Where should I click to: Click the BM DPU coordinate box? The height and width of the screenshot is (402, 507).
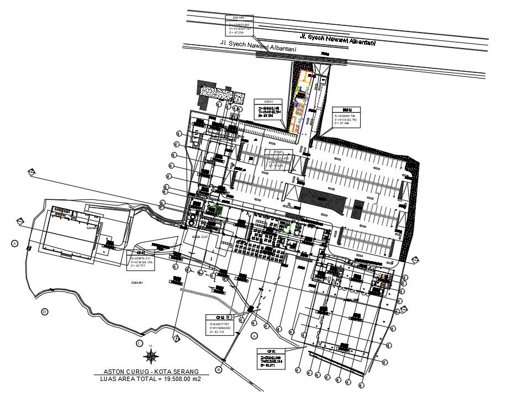tap(239, 26)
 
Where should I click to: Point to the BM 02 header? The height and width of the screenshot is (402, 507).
tap(346, 109)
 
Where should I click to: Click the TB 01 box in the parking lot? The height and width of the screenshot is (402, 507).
tap(278, 158)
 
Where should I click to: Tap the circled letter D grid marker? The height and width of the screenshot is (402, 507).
tap(44, 312)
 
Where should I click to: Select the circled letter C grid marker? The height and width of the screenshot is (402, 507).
tap(140, 342)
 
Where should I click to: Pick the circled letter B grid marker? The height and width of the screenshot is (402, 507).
tap(219, 369)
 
